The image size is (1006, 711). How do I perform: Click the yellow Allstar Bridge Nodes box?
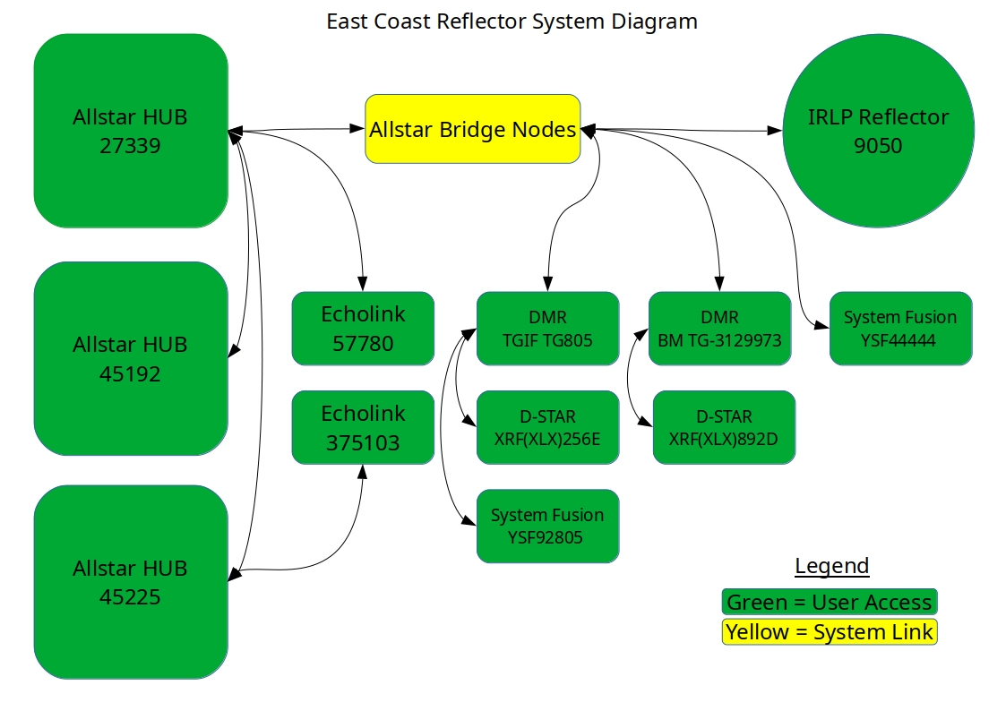click(473, 129)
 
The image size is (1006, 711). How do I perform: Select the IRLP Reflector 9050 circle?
click(878, 131)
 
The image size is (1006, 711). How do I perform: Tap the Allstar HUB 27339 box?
click(131, 131)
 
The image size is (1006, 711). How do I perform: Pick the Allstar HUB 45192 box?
click(131, 358)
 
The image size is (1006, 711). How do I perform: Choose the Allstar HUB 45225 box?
click(131, 582)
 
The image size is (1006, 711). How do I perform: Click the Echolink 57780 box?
click(363, 329)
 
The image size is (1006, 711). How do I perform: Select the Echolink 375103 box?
click(363, 428)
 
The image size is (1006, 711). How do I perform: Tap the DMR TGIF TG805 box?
click(548, 329)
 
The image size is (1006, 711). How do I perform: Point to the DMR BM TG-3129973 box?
click(720, 329)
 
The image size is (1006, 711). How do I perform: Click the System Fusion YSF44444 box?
click(901, 329)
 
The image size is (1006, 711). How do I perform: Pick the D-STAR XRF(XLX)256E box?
click(548, 428)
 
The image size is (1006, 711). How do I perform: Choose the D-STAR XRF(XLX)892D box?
click(725, 428)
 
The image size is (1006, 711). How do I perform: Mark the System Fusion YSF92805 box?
click(548, 527)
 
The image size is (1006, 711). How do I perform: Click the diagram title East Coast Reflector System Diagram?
click(512, 21)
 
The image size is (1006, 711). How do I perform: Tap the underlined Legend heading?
click(831, 565)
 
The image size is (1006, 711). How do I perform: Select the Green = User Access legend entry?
click(830, 602)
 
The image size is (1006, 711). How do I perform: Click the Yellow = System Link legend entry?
click(830, 631)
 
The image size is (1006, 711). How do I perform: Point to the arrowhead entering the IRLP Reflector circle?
click(775, 131)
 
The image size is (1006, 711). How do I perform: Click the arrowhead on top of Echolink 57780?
click(363, 284)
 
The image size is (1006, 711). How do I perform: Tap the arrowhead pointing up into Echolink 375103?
click(363, 472)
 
